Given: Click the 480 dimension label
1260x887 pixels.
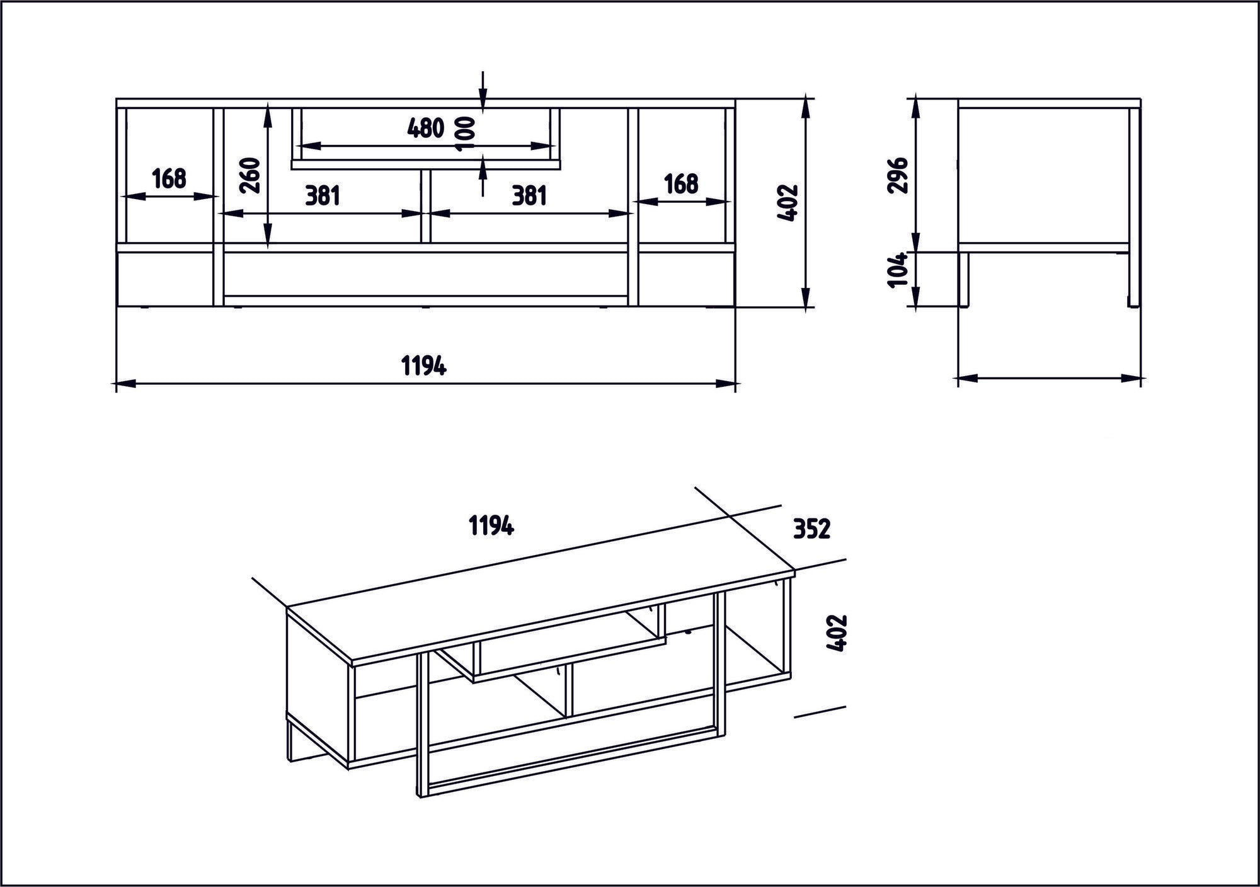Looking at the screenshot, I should click(x=426, y=129).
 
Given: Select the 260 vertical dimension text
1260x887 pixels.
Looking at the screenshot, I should click(x=250, y=176).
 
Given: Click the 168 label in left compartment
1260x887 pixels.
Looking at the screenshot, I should click(x=169, y=179).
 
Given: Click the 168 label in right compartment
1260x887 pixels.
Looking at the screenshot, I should click(x=682, y=184).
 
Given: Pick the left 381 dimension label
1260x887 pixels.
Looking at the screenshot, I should click(x=323, y=196).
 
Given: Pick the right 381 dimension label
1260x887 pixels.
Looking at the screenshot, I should click(x=529, y=196).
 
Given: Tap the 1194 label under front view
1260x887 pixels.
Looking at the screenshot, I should click(x=424, y=365).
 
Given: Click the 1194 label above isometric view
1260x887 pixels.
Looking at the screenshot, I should click(x=491, y=525).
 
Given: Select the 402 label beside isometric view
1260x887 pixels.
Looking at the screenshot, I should click(x=839, y=633).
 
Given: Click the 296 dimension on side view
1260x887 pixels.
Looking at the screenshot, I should click(x=898, y=175).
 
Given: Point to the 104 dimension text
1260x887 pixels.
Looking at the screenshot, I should click(x=898, y=270).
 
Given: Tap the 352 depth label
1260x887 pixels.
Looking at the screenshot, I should click(x=811, y=530).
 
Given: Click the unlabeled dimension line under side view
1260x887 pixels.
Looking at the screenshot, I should click(x=1049, y=379).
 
